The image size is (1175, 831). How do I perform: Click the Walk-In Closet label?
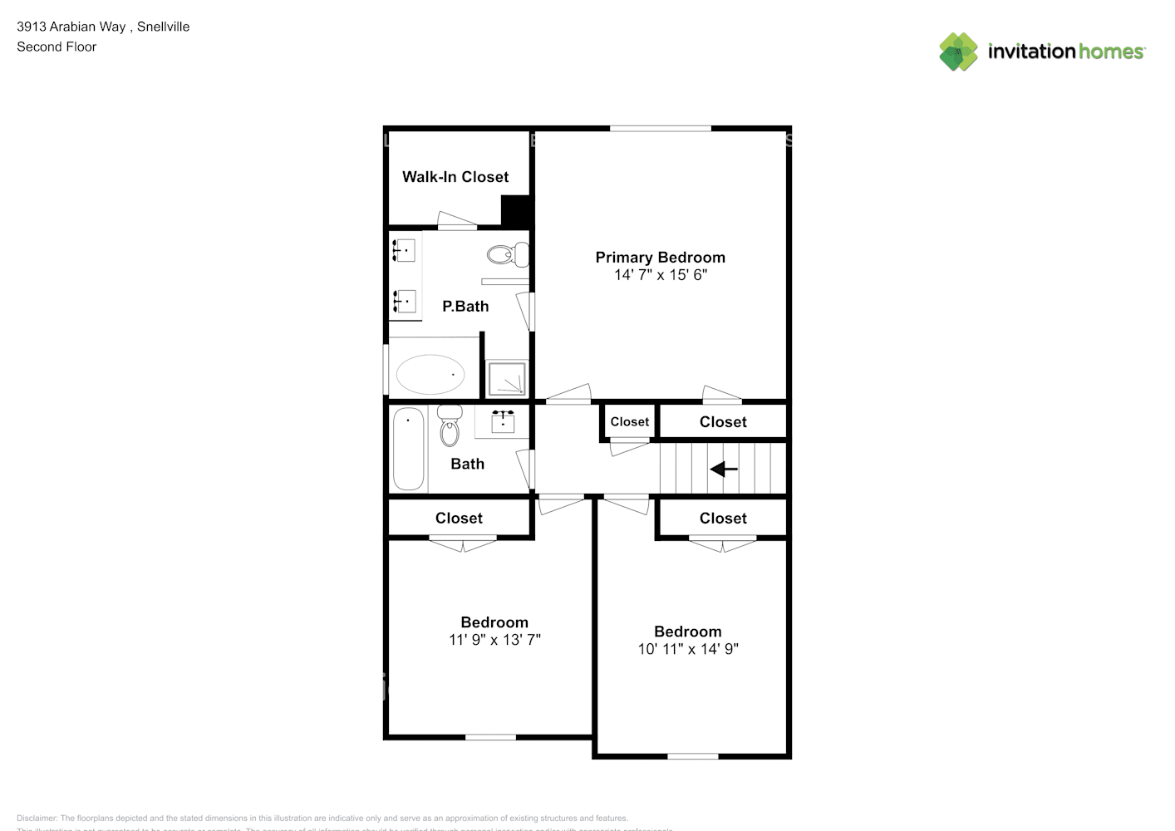point(455,177)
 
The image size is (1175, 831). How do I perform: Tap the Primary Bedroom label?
point(660,258)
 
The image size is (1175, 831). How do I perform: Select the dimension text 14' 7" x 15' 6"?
point(660,275)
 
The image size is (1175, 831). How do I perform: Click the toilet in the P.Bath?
point(508,253)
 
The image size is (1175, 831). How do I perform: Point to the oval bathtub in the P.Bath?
point(430,375)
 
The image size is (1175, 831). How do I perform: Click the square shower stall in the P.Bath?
point(506,378)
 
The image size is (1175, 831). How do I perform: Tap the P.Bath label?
point(465,307)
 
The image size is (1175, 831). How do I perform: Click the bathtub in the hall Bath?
point(408,449)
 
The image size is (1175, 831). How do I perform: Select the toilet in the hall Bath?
point(450,426)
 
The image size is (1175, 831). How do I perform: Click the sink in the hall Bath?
point(502,421)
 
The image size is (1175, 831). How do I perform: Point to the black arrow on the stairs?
point(724,470)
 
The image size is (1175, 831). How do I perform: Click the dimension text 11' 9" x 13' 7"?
point(494,640)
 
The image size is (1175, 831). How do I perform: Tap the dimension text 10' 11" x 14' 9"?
point(688,649)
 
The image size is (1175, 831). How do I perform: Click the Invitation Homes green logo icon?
point(958,52)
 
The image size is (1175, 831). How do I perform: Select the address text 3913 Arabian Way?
point(71,27)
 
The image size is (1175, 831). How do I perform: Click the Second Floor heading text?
point(57,47)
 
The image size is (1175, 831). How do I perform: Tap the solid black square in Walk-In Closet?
point(515,209)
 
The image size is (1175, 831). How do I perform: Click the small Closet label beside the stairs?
point(629,422)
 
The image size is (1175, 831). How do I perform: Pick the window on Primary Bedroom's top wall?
point(661,128)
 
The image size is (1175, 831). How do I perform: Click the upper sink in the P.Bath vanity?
point(405,249)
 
